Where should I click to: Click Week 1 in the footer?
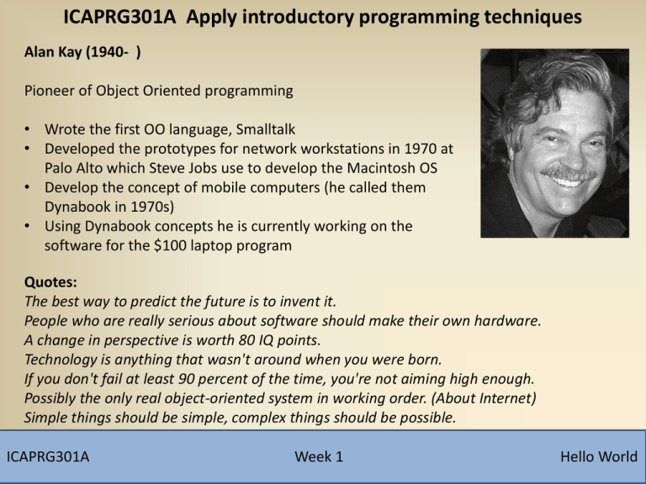click(x=319, y=456)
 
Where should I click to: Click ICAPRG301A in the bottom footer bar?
click(x=49, y=456)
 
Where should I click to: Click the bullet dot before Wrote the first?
click(x=29, y=130)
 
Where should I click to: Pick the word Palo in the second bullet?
click(x=61, y=166)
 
